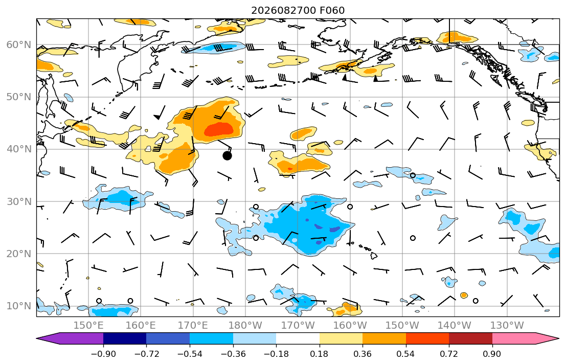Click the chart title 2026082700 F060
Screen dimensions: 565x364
tap(298, 10)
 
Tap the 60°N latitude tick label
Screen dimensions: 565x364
tap(19, 44)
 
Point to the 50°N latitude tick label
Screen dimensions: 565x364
tap(19, 97)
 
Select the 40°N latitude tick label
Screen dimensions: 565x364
tap(19, 149)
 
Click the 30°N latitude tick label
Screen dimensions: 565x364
tap(19, 201)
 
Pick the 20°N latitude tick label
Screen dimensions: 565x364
tap(19, 254)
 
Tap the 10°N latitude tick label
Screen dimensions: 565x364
tap(19, 306)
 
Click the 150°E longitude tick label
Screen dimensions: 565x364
tap(88, 326)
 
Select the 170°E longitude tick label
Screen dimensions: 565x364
tap(193, 326)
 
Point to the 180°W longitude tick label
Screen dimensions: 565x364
tap(246, 326)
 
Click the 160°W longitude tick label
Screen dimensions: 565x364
tap(350, 326)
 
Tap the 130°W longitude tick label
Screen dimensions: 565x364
tap(507, 326)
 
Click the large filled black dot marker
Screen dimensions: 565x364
tap(227, 156)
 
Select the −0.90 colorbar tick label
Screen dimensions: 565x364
tap(103, 354)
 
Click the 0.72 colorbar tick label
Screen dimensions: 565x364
tap(449, 354)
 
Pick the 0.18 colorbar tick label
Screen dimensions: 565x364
tap(319, 354)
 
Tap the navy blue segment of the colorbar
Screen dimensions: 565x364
tap(125, 338)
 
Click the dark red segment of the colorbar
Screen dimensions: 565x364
tap(470, 338)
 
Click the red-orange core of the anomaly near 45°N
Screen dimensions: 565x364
tap(219, 129)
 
